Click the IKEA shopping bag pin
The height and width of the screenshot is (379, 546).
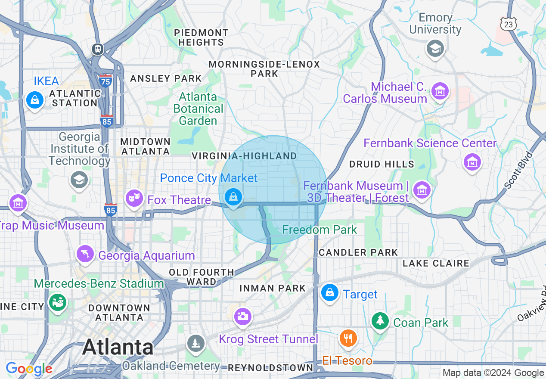point(34,100)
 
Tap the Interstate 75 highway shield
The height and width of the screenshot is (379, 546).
point(105,80)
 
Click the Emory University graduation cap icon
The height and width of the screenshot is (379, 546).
point(435,49)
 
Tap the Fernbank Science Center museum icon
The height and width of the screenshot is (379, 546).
point(472,162)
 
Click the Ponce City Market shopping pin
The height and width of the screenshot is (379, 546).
point(233,197)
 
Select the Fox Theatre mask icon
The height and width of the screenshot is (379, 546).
point(134,198)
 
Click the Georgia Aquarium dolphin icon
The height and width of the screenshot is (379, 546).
point(85,254)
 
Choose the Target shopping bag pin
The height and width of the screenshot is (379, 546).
point(329,293)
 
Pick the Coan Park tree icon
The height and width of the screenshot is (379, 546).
point(380,321)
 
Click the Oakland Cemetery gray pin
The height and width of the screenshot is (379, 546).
point(195,343)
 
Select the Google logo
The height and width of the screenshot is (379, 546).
point(29,369)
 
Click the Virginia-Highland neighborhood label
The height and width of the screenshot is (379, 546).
point(244,156)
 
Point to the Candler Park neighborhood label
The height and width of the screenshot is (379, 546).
point(358,252)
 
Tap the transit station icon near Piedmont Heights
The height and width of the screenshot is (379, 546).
point(98,49)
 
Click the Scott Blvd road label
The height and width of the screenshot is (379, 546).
point(519,170)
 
